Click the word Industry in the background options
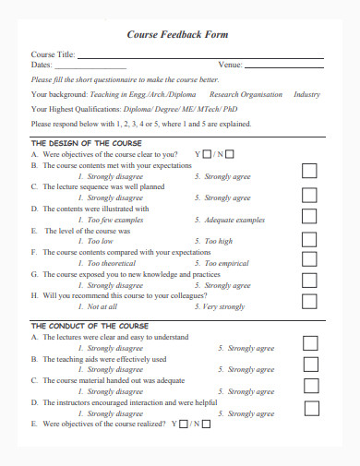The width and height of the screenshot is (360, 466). point(306,94)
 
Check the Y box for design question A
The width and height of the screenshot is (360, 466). point(208,154)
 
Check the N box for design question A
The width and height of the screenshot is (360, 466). point(229,154)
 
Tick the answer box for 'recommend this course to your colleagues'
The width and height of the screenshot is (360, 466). point(310,300)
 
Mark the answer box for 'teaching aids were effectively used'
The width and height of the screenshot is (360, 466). point(310,364)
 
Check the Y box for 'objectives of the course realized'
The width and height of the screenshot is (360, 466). point(183,424)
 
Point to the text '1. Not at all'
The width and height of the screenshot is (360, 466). point(98,306)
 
